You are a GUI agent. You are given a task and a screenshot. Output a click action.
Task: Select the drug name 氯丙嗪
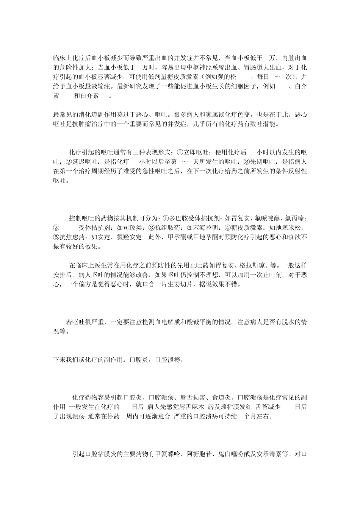(x=294, y=219)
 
